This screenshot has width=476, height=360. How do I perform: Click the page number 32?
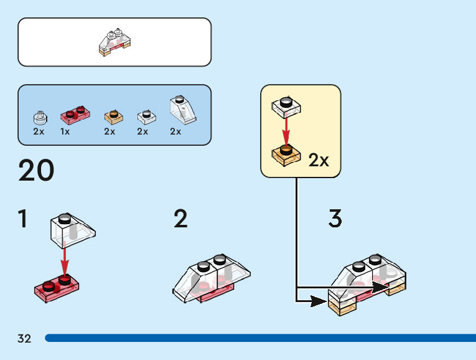point(24,338)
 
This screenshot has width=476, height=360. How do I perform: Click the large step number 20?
point(36,170)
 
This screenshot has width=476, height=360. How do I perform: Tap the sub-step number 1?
point(23,218)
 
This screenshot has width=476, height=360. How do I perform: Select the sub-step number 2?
point(180,218)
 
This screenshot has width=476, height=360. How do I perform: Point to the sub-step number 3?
point(335,218)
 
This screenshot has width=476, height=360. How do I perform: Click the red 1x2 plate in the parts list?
point(75,115)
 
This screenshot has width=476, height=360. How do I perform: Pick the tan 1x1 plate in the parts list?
point(113,117)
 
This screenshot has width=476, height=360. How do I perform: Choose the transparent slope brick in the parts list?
point(183,110)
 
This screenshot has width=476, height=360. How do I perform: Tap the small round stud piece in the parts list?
point(40,118)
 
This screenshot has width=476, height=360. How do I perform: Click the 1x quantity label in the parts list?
point(65,131)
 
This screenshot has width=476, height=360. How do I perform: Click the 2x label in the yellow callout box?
point(319,160)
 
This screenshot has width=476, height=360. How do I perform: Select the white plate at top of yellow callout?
point(286,107)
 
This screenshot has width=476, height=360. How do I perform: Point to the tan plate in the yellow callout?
point(286,155)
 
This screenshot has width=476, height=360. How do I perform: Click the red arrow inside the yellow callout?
point(286,131)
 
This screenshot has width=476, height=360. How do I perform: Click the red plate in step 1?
point(57,288)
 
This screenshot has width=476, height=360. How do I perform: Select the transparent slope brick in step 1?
point(73,230)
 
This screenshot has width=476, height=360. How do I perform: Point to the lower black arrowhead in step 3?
point(318,301)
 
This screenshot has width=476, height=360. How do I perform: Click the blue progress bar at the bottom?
point(261,338)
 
